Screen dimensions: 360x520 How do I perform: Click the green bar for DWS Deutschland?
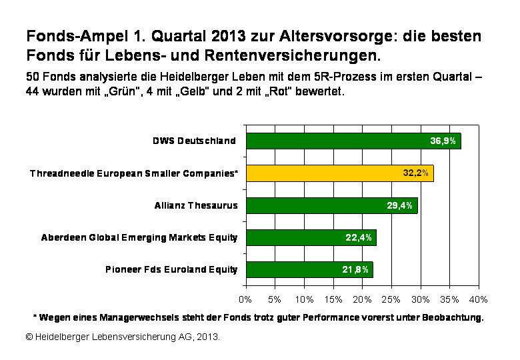click(x=353, y=141)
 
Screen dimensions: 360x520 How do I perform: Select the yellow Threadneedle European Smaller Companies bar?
click(x=339, y=173)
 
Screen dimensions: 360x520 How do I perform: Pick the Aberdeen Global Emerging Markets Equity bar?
click(x=311, y=237)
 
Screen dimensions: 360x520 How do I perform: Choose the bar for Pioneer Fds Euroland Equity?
click(x=309, y=269)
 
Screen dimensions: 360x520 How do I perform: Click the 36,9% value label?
click(x=443, y=141)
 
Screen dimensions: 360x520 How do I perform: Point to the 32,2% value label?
click(x=417, y=173)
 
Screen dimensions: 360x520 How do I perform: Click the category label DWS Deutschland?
click(x=194, y=141)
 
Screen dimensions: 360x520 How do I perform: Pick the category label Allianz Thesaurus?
click(x=196, y=205)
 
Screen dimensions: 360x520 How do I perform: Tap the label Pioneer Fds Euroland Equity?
click(x=171, y=269)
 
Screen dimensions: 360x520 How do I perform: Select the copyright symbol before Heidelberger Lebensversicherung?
click(x=30, y=337)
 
